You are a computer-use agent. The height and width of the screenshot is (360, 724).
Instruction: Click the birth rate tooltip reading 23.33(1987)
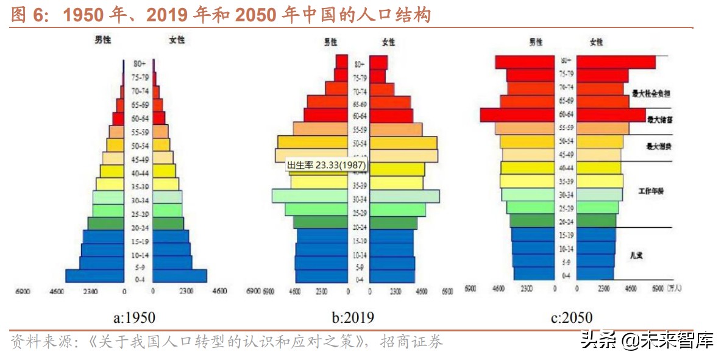pyautogui.click(x=326, y=164)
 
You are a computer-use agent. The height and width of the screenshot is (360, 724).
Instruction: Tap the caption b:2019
pyautogui.click(x=353, y=317)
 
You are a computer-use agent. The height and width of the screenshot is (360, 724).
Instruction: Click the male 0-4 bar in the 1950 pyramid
pyautogui.click(x=95, y=276)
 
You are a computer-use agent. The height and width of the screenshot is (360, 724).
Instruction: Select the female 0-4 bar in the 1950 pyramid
pyautogui.click(x=180, y=276)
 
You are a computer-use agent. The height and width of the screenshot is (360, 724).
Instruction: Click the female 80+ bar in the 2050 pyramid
pyautogui.click(x=616, y=62)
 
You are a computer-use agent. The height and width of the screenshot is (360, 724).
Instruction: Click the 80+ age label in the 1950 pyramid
pyautogui.click(x=140, y=63)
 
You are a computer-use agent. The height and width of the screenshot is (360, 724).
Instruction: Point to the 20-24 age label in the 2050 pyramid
pyautogui.click(x=566, y=222)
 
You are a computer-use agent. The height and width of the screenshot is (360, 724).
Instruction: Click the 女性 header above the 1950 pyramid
pyautogui.click(x=177, y=40)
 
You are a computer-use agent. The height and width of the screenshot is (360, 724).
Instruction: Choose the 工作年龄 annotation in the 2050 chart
pyautogui.click(x=651, y=192)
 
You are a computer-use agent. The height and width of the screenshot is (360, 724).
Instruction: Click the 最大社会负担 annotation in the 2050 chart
pyautogui.click(x=651, y=94)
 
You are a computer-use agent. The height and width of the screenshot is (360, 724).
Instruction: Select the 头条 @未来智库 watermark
pyautogui.click(x=647, y=341)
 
